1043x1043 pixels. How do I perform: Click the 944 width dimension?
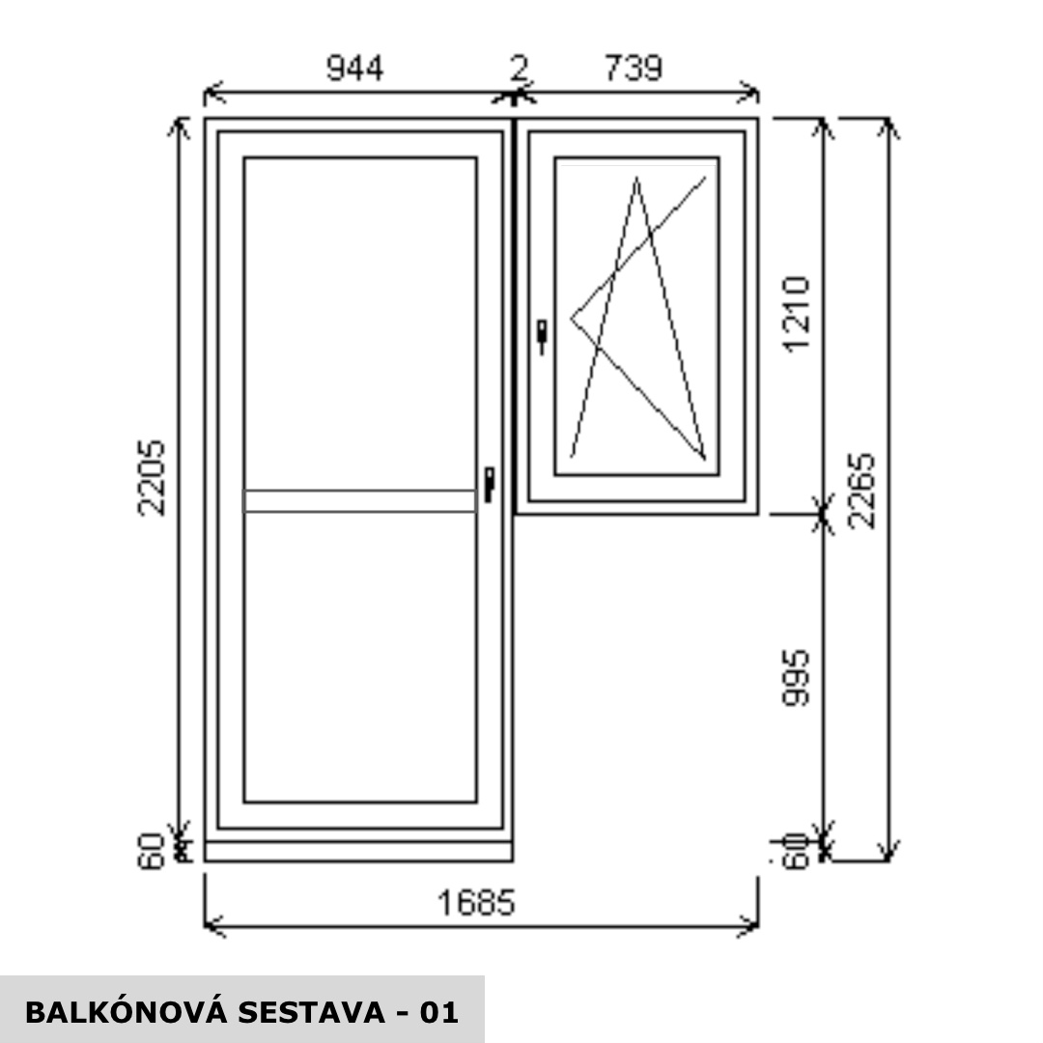click(x=355, y=69)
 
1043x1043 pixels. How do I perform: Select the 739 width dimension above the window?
click(x=634, y=69)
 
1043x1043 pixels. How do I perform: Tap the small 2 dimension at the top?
click(x=519, y=69)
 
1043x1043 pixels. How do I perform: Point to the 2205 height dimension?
click(x=153, y=478)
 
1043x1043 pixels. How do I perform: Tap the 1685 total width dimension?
click(x=477, y=903)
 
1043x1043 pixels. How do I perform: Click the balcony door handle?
click(x=490, y=483)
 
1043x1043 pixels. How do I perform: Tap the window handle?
click(x=541, y=335)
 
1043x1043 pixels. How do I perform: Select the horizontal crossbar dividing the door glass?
click(x=360, y=500)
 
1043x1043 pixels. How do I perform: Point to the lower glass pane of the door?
click(x=360, y=657)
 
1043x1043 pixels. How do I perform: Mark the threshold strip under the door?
click(x=358, y=852)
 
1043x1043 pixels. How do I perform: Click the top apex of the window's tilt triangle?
click(x=636, y=179)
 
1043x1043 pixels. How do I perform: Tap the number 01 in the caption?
click(x=438, y=1012)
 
